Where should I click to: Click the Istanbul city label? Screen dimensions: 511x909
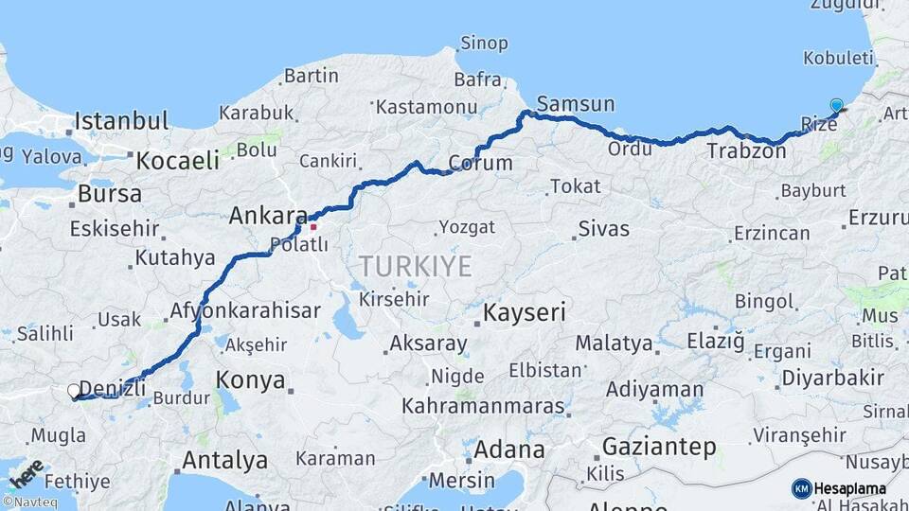click(x=122, y=121)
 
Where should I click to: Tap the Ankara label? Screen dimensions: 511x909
click(x=268, y=216)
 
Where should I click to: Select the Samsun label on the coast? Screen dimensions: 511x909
click(x=575, y=104)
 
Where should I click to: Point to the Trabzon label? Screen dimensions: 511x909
click(x=745, y=150)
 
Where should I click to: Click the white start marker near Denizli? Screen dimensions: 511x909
click(x=74, y=390)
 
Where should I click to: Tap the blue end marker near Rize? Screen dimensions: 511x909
click(x=836, y=105)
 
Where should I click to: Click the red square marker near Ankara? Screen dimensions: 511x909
click(x=313, y=226)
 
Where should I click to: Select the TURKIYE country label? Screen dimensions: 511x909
click(x=416, y=266)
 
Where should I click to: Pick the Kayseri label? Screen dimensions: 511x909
click(x=524, y=312)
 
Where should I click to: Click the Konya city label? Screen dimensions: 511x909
click(x=251, y=380)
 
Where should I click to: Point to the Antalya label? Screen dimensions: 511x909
click(x=224, y=461)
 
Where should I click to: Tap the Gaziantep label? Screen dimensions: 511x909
click(x=659, y=447)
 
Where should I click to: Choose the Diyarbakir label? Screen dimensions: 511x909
click(x=832, y=379)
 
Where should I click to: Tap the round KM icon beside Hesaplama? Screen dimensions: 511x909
click(x=801, y=488)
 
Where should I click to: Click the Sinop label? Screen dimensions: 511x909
click(x=484, y=43)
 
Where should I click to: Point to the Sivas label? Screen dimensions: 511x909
click(x=603, y=229)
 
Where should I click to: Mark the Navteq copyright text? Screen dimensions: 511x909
click(x=28, y=502)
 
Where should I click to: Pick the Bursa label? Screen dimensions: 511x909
click(x=110, y=194)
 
